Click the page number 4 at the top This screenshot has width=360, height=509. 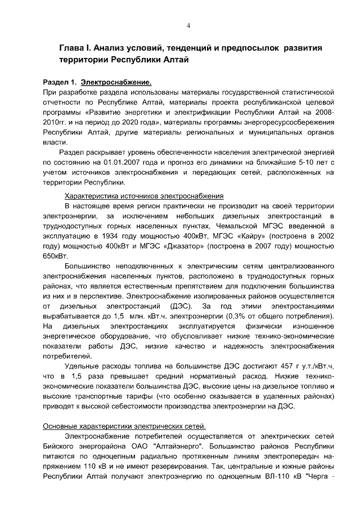click(188, 25)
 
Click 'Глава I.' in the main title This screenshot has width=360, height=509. click(79, 48)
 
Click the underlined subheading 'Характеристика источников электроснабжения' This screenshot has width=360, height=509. click(145, 196)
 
